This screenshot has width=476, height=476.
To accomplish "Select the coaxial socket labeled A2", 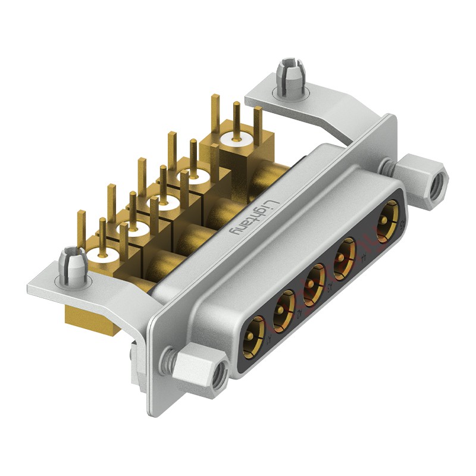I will tap(284, 308).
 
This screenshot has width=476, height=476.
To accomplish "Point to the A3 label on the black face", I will tap(329, 287).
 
